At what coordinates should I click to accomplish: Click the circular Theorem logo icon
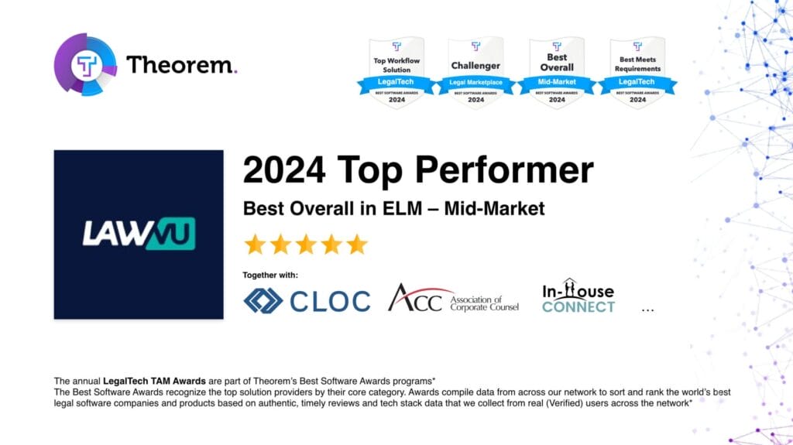85,64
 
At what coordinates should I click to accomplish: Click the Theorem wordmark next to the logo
181,65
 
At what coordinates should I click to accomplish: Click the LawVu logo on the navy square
139,234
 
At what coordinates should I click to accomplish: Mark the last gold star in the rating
356,245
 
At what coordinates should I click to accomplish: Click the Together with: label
270,276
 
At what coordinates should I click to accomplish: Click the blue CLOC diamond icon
263,300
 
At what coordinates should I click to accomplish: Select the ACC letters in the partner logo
415,298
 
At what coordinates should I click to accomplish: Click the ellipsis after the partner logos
648,310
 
